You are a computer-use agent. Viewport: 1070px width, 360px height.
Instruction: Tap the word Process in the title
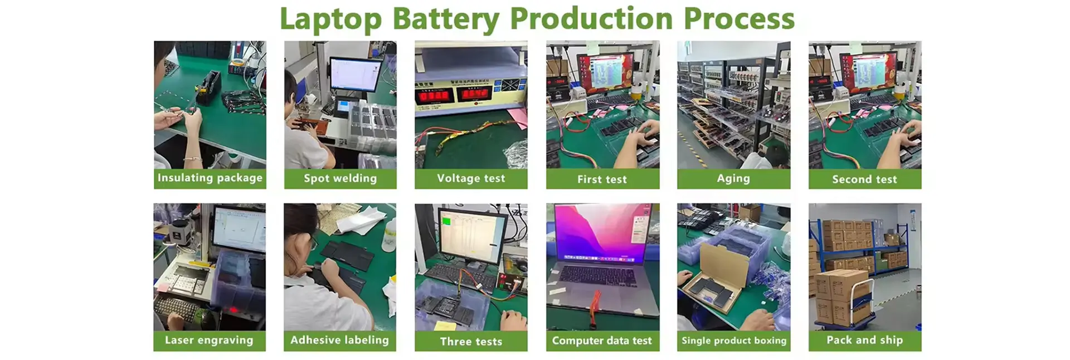tap(739, 18)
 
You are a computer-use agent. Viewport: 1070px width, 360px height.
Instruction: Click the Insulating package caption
tap(210, 178)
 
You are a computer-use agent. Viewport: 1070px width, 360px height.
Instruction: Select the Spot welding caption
tap(340, 178)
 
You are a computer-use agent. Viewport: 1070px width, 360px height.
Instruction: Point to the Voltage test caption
tap(471, 178)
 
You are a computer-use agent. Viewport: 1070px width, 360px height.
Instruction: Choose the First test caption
tap(602, 179)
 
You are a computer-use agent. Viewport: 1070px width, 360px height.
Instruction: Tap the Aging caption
tap(733, 179)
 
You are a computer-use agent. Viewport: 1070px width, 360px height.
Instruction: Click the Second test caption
tap(864, 179)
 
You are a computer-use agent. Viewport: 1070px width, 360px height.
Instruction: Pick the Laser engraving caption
tap(209, 340)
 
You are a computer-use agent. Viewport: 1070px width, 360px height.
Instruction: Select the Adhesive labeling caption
tap(339, 340)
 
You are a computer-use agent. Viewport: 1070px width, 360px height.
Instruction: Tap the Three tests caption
tap(471, 342)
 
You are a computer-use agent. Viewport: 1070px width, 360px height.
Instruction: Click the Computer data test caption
tap(602, 340)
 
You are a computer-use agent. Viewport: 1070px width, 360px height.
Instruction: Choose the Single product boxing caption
tap(734, 340)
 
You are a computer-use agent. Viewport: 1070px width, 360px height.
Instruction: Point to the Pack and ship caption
tap(864, 340)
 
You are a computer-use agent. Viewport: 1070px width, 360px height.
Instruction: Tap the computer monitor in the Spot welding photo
tap(355, 75)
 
